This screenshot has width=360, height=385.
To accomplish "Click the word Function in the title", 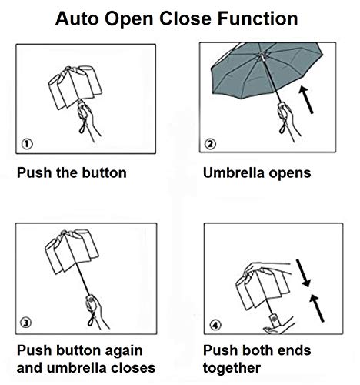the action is [x=258, y=18].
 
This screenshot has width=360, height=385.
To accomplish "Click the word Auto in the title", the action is [x=77, y=18].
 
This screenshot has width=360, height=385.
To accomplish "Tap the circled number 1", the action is [x=27, y=144].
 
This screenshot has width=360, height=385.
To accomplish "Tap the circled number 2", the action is [x=210, y=144].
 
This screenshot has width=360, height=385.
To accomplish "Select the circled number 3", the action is [x=26, y=323].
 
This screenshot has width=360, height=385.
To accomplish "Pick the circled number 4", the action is [x=215, y=325].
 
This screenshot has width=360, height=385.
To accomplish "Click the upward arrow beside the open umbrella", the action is [x=306, y=100].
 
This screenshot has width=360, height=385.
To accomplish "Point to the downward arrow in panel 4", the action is [x=304, y=273].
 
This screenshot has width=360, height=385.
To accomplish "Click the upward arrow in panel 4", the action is [x=317, y=308].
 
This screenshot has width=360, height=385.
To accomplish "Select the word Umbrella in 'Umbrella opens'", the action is [x=234, y=172].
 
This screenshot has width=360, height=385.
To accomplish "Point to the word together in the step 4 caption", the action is [x=232, y=369].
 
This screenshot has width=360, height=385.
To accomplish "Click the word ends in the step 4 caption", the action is [x=294, y=350].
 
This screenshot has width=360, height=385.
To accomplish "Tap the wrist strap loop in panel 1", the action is [x=82, y=127].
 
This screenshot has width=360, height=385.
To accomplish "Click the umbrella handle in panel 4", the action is [x=273, y=320].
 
